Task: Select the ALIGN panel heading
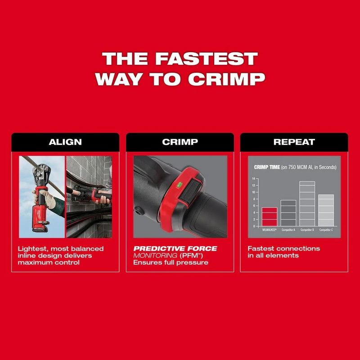65,142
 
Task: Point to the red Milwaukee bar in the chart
270,216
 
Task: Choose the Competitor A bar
288,213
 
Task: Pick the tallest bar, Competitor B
307,203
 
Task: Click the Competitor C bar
326,210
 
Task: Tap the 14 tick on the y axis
254,179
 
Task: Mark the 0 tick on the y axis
255,226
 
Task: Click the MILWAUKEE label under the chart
269,230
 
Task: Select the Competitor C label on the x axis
326,230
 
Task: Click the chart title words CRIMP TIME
267,167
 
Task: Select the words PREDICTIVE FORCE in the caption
175,248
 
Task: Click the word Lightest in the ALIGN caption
32,248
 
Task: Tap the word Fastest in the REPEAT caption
261,248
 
